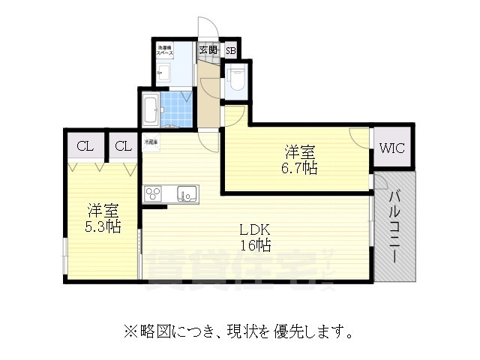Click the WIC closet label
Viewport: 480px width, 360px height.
pyautogui.click(x=391, y=148)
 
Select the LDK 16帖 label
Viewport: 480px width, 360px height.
pyautogui.click(x=254, y=237)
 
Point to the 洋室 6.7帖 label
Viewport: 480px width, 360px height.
pyautogui.click(x=299, y=158)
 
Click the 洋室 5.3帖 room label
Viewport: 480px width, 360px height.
pyautogui.click(x=103, y=217)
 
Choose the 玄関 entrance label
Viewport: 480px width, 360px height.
pyautogui.click(x=208, y=50)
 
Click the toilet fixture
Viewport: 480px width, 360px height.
pyautogui.click(x=236, y=78)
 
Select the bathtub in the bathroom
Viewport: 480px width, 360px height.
pyautogui.click(x=149, y=110)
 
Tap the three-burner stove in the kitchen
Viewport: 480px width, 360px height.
pyautogui.click(x=154, y=193)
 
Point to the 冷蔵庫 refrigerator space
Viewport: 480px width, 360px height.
pyautogui.click(x=151, y=141)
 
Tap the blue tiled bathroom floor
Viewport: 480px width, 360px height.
pyautogui.click(x=177, y=109)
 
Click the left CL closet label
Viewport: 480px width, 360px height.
pyautogui.click(x=84, y=146)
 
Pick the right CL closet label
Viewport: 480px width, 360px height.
pyautogui.click(x=124, y=146)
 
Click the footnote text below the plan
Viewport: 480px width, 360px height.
pyautogui.click(x=239, y=330)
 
